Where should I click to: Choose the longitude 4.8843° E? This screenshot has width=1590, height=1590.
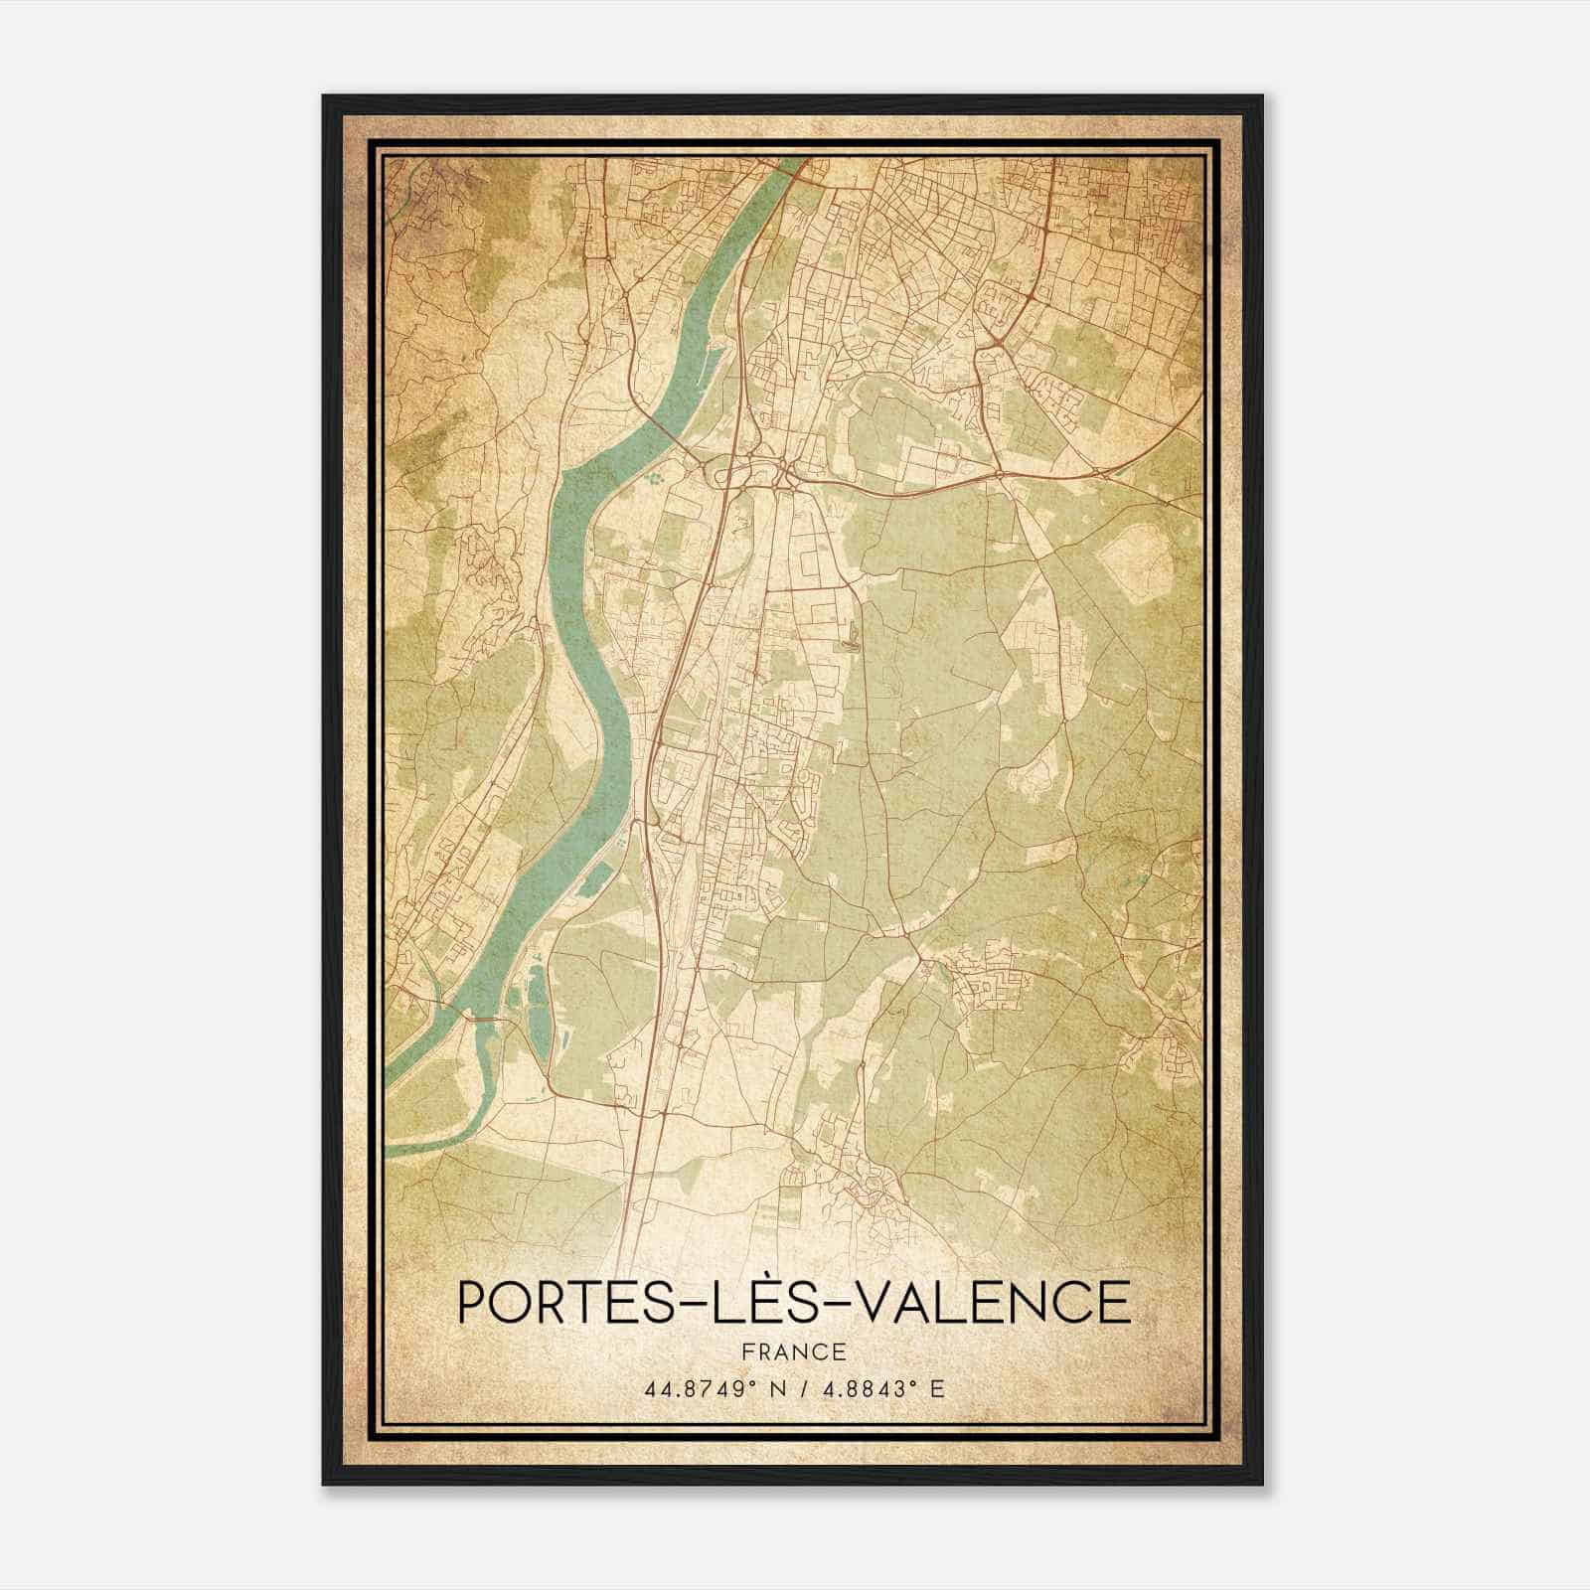[880, 1388]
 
